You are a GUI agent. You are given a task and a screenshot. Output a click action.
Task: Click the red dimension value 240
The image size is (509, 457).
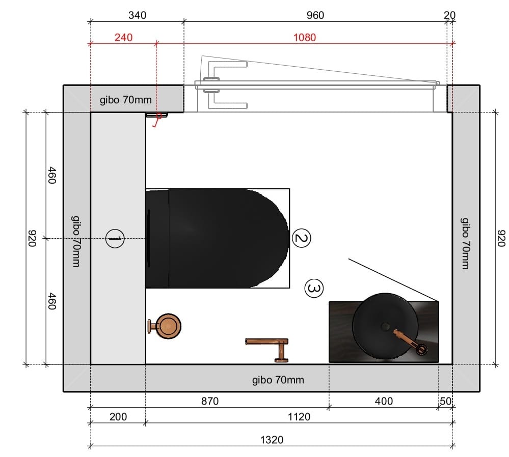[x=123, y=37]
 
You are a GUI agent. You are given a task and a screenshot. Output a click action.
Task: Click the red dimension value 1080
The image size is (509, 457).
[x=305, y=37]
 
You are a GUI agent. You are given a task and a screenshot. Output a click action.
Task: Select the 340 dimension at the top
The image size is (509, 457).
[x=138, y=15]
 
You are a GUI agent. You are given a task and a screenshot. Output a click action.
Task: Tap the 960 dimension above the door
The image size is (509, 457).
[x=315, y=15]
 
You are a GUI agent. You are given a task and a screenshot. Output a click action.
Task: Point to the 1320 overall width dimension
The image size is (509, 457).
[x=272, y=440]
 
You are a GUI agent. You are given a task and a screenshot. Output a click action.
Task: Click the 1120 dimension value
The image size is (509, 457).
[x=299, y=416]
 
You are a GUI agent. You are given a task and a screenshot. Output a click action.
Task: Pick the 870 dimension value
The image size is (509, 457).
[x=210, y=401]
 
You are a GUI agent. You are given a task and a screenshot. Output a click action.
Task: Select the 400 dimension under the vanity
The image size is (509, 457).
[x=384, y=401]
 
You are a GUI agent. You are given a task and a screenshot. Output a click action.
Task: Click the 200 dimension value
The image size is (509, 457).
[x=118, y=416]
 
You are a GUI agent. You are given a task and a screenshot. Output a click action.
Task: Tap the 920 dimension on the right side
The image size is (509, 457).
[x=501, y=238]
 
